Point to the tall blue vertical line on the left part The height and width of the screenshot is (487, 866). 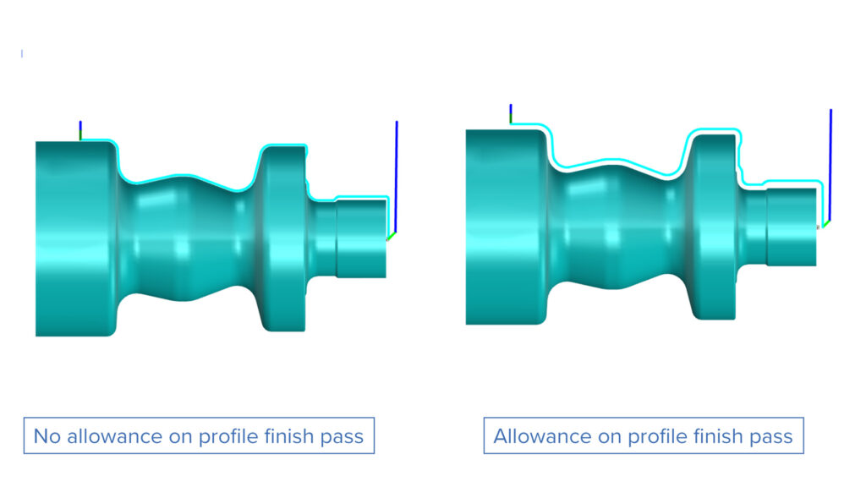pyautogui.click(x=397, y=173)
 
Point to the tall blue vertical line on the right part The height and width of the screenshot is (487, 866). pyautogui.click(x=830, y=161)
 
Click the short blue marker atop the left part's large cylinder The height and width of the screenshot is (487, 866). pyautogui.click(x=80, y=129)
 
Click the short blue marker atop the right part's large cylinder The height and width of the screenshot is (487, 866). pyautogui.click(x=511, y=113)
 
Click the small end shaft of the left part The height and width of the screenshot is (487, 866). pyautogui.click(x=362, y=237)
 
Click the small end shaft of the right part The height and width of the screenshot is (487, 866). pyautogui.click(x=792, y=227)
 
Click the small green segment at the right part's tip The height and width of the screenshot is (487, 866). pyautogui.click(x=826, y=223)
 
